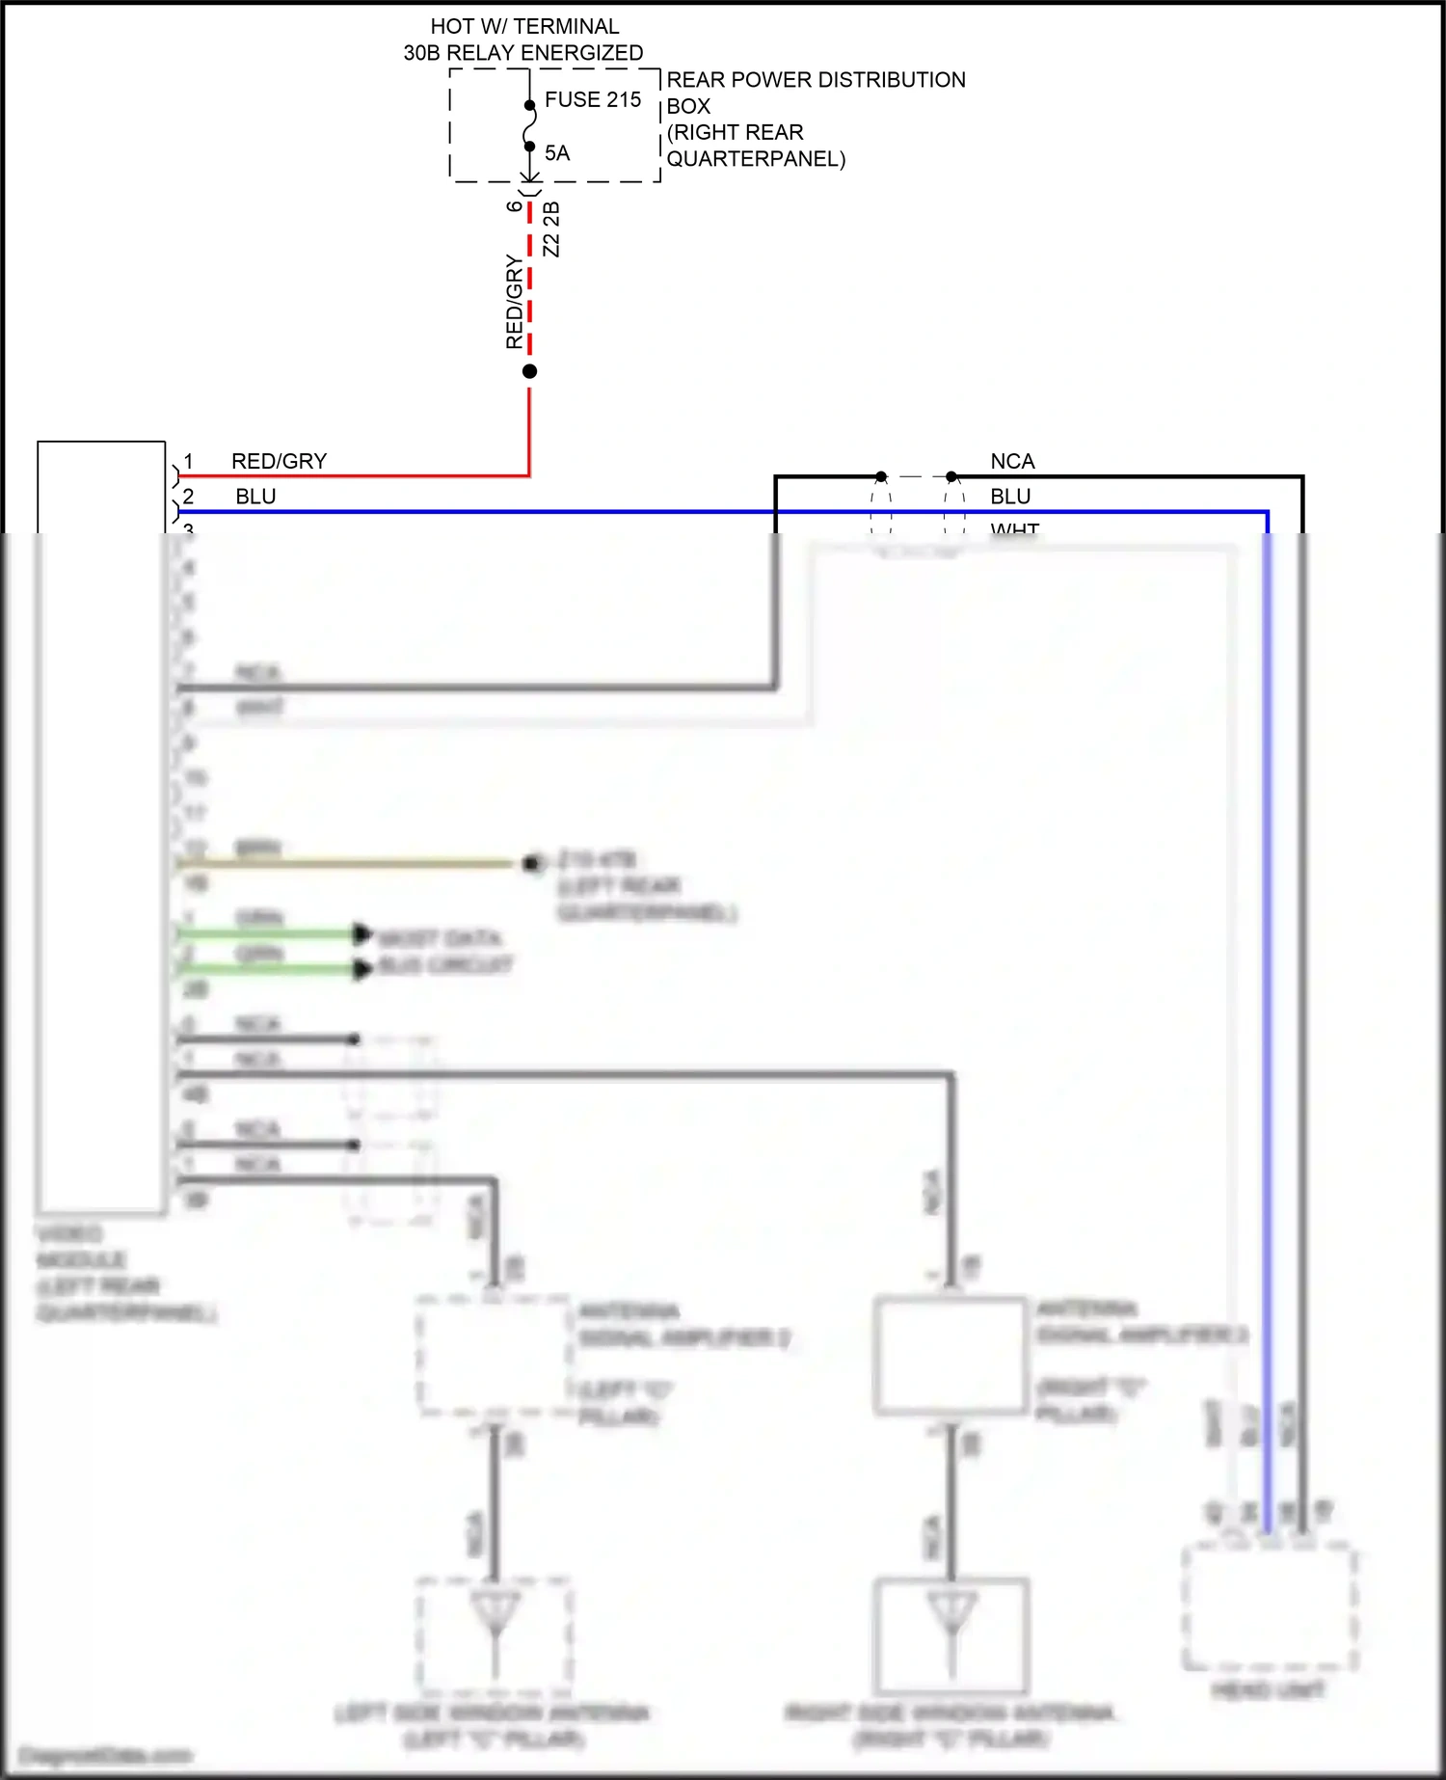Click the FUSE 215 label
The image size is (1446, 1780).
tap(592, 99)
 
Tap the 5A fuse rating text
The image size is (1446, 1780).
tap(556, 153)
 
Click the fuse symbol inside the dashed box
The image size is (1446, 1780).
tap(529, 126)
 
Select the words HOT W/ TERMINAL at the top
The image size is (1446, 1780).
tap(524, 26)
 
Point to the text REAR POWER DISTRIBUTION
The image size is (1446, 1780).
tap(816, 80)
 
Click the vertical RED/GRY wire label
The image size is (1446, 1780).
tap(514, 302)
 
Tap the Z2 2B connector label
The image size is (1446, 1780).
tap(551, 229)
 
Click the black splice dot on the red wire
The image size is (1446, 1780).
tap(529, 371)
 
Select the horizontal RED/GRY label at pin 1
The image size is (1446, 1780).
tap(279, 461)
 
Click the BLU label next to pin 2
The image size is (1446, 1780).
tap(255, 497)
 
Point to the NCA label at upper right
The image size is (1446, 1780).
tap(1012, 461)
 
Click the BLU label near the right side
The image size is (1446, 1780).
tap(1010, 497)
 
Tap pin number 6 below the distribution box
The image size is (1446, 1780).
tap(515, 205)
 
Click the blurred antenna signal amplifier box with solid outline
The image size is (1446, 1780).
tap(950, 1355)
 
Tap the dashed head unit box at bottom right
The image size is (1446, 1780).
tap(1269, 1605)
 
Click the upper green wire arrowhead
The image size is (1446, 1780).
tap(362, 933)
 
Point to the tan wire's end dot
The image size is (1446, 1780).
tap(530, 863)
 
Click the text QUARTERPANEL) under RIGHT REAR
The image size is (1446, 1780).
tap(756, 159)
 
